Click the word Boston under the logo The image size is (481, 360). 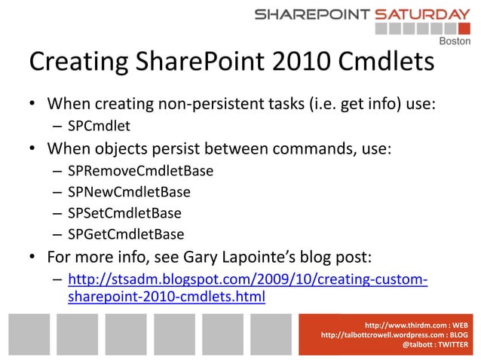pos(454,41)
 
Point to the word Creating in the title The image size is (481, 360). pos(77,63)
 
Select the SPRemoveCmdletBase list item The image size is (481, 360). pos(140,171)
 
